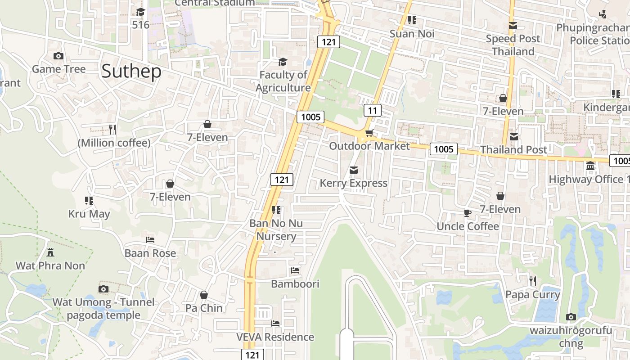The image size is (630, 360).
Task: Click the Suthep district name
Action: tap(131, 72)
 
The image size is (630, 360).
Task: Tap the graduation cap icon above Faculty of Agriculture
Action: tap(283, 62)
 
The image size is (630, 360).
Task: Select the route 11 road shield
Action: tap(372, 110)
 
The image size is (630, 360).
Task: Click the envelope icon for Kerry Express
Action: tap(354, 170)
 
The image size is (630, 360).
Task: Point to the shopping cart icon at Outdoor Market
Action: tap(369, 133)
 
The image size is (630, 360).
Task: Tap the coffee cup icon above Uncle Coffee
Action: tap(468, 213)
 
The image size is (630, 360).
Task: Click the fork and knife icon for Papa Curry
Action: tap(533, 281)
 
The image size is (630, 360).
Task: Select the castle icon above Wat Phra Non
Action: tap(50, 252)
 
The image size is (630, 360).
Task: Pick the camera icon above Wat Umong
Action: tap(103, 289)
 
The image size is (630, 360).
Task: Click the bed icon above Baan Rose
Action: tap(150, 240)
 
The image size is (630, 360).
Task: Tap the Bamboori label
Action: tap(295, 284)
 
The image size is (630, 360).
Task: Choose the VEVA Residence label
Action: tap(275, 337)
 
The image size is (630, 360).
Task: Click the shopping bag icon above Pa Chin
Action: tap(204, 295)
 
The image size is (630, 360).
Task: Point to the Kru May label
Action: tap(89, 214)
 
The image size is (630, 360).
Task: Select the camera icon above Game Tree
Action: tap(58, 56)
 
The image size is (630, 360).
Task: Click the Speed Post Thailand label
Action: tap(513, 45)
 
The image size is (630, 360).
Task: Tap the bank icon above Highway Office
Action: tap(590, 166)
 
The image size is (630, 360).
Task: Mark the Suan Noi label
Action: tap(412, 34)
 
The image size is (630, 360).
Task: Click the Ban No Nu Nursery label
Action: tap(276, 229)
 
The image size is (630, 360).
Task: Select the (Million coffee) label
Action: tap(114, 143)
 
